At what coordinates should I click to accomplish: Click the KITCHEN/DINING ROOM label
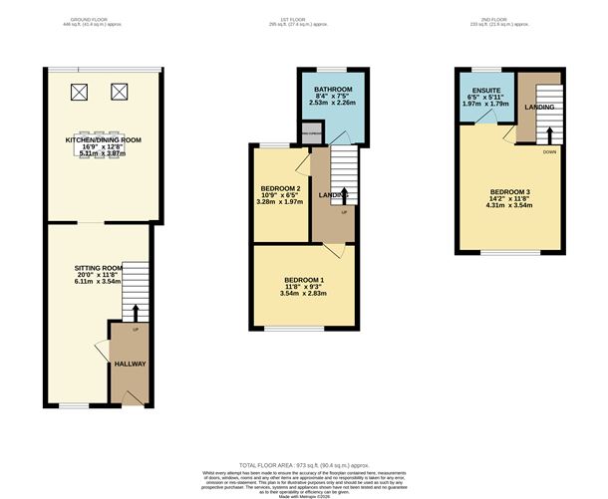103,140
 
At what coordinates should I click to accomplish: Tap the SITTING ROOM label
99,268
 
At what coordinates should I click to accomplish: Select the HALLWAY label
130,364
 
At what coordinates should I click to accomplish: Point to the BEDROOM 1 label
304,279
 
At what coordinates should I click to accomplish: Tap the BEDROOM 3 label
510,190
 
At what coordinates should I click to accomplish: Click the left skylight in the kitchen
79,94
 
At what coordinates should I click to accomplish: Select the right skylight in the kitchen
121,94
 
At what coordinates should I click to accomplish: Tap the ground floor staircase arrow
136,314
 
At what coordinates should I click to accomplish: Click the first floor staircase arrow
344,195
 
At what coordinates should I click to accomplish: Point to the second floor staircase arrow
548,132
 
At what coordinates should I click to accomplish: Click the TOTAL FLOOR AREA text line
303,464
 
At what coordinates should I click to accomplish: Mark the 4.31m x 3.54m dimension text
510,205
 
